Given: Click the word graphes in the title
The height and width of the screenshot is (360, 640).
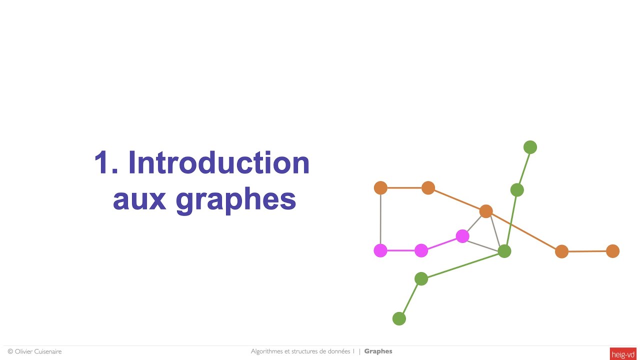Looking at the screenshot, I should click(236, 200).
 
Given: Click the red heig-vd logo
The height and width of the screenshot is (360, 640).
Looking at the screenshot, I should click(623, 354).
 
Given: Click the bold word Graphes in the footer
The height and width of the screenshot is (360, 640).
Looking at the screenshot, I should click(378, 351).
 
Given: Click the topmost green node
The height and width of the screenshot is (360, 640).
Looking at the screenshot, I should click(530, 147).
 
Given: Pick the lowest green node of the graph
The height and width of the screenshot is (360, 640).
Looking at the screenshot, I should click(399, 318).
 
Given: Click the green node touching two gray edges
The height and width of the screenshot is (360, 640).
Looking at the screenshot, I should click(504, 251).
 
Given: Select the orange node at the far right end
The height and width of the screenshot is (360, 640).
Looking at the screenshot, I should click(612, 251).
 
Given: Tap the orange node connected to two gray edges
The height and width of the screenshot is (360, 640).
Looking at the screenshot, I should click(486, 211).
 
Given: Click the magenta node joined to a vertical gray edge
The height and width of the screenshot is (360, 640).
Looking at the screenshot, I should click(380, 250).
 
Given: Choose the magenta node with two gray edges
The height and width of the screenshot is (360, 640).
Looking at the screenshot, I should click(462, 236).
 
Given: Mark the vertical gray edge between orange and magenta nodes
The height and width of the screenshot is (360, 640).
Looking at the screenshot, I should click(380, 219).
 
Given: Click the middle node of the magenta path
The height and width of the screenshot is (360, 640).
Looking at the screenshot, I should click(421, 250).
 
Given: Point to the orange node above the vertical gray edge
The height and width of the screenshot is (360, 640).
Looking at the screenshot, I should click(380, 188).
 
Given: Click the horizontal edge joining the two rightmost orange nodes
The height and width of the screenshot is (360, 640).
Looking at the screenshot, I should click(587, 251).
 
